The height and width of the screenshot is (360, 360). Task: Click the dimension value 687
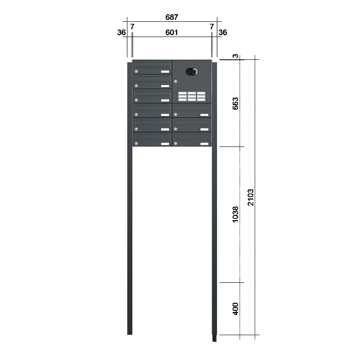171,17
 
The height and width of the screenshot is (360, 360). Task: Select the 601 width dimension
171,32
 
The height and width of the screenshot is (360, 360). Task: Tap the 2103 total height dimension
250,197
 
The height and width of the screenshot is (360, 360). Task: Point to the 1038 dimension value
235,215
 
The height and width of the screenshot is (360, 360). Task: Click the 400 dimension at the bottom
235,309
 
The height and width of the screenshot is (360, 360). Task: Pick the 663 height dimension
235,104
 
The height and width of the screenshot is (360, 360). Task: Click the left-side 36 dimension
121,33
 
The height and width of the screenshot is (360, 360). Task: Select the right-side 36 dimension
223,33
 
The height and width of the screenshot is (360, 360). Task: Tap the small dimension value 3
235,56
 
